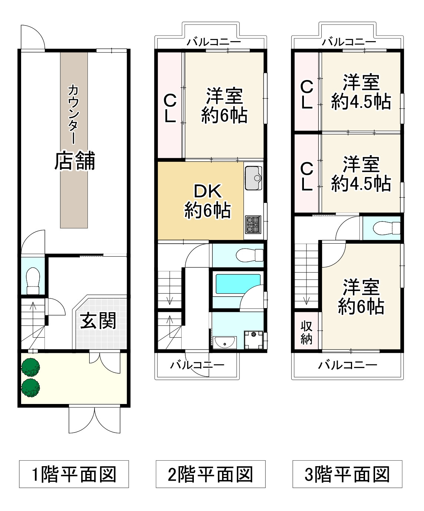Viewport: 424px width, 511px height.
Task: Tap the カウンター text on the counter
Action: tap(73, 114)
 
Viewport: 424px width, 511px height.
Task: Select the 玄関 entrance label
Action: tap(98, 320)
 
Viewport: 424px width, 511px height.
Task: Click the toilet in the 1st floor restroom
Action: tap(33, 281)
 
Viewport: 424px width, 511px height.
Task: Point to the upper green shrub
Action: tap(31, 367)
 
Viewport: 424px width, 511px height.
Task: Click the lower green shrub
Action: tap(31, 388)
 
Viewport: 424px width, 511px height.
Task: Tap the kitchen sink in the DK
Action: tap(254, 178)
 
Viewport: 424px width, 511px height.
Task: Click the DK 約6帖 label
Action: tap(208, 201)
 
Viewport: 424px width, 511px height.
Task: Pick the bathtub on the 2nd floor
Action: tap(238, 284)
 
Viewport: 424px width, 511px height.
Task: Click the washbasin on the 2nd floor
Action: tap(225, 343)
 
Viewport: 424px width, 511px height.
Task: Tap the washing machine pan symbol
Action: tap(254, 340)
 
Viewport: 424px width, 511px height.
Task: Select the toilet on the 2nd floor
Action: tap(249, 255)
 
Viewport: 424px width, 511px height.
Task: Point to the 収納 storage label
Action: tap(307, 333)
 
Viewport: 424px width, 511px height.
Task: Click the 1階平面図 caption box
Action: tap(74, 474)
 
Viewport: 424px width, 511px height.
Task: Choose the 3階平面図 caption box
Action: tap(347, 474)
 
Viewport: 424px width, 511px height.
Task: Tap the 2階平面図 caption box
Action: tap(211, 474)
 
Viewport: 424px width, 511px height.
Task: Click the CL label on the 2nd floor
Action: tap(170, 108)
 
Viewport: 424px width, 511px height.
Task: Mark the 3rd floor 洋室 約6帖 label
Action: tap(361, 297)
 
